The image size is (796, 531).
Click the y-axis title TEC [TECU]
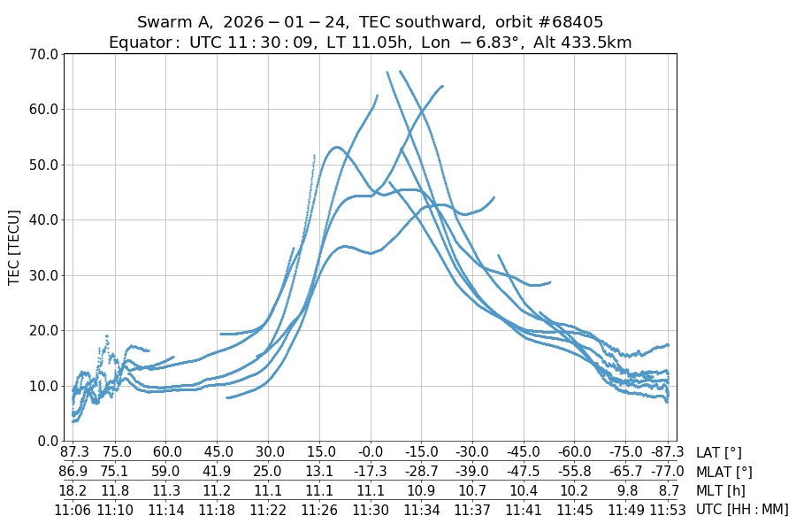pos(14,247)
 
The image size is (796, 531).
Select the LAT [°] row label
pos(719,453)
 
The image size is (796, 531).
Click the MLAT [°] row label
pos(724,472)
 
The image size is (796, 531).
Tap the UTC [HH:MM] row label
pos(741,509)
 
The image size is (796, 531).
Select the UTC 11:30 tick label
pos(371,509)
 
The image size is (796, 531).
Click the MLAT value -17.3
pos(371,472)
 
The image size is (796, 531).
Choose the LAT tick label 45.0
pos(217,453)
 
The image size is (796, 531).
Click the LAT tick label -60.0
pos(575,453)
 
